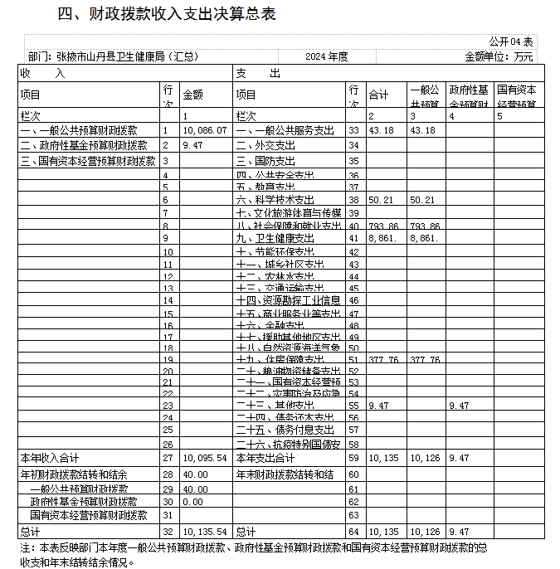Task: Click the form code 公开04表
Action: tap(511, 41)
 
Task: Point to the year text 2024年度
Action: tap(326, 56)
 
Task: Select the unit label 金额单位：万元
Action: tap(499, 56)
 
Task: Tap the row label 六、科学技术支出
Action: tap(275, 199)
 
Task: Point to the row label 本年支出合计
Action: tap(265, 457)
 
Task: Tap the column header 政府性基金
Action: tap(468, 90)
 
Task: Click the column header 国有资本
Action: tap(516, 90)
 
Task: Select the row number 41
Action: tap(354, 238)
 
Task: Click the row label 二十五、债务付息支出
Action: tap(285, 430)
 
